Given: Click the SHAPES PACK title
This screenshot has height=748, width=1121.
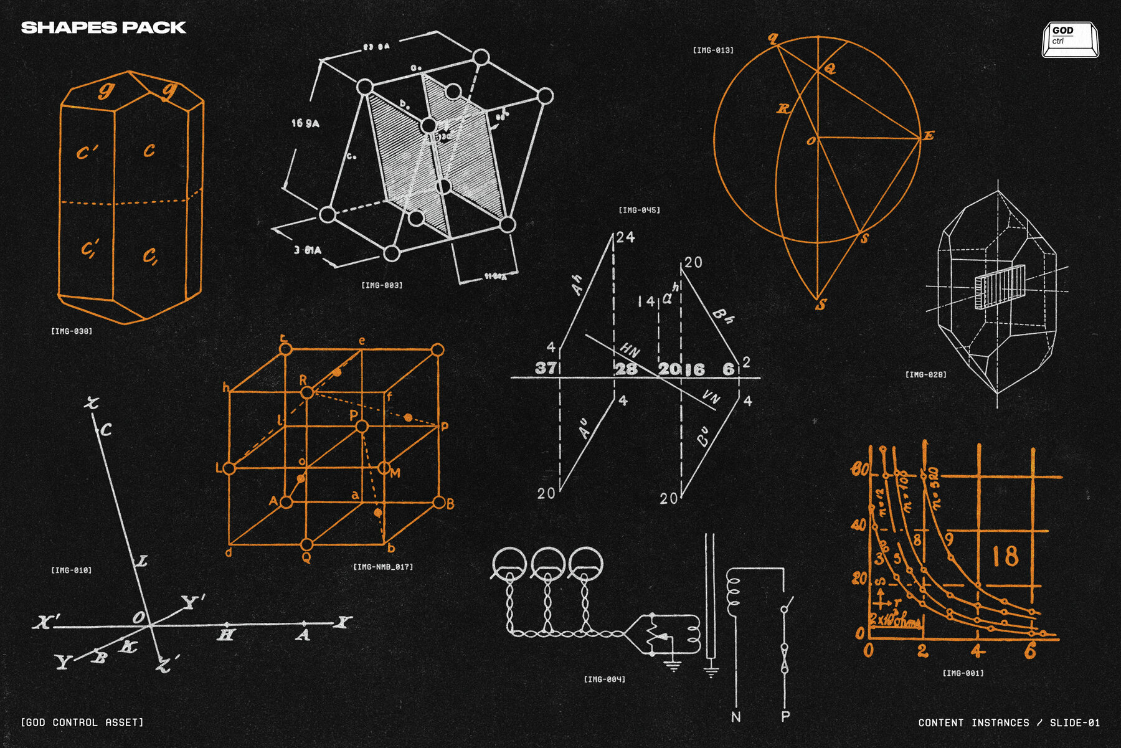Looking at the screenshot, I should click(x=103, y=27).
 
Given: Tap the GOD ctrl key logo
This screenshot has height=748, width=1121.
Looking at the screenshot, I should click(x=1070, y=40).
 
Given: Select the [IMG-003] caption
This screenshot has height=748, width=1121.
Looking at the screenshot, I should click(x=382, y=285).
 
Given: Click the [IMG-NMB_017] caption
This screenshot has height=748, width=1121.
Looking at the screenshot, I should click(x=383, y=567).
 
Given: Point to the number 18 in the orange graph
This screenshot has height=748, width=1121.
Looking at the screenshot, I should click(x=1005, y=556).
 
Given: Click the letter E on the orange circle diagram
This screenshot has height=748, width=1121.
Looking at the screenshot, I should click(x=928, y=136).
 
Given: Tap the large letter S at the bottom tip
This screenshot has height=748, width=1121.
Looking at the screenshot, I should click(x=821, y=305).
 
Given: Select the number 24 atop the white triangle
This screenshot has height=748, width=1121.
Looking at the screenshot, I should click(x=625, y=237).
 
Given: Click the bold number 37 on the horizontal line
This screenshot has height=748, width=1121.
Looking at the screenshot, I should click(x=546, y=368).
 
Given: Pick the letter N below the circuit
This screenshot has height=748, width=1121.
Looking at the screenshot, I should click(x=736, y=717).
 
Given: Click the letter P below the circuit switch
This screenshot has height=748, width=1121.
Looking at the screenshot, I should click(x=785, y=716).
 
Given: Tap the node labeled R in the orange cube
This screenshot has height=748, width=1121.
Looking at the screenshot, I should click(x=307, y=392).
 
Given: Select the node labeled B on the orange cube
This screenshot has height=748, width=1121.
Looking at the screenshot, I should click(x=439, y=503).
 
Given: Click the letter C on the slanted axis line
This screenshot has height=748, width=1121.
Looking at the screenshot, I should click(x=106, y=430).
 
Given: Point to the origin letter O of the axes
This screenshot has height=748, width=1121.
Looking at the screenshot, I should click(x=140, y=617).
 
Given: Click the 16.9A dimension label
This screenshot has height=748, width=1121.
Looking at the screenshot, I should click(x=305, y=123).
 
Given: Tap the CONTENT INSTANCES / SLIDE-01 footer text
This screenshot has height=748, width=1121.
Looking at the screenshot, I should click(x=1008, y=722).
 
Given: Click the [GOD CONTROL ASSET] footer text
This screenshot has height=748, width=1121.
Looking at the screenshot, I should click(x=82, y=722).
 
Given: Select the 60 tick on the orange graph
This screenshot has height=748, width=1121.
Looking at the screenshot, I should click(x=860, y=469).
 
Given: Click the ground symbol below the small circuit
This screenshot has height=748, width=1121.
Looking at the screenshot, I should click(x=673, y=665).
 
